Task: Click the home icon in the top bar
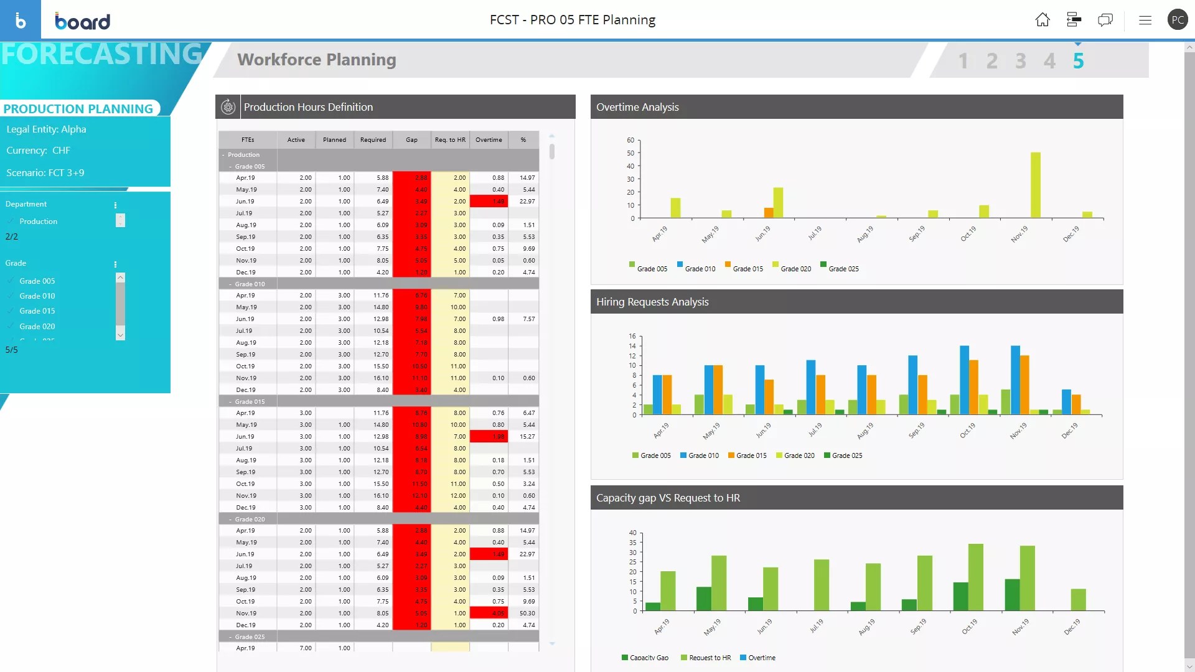(1043, 20)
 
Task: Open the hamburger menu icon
(1145, 20)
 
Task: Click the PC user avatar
(1178, 20)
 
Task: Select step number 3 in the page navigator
(1021, 61)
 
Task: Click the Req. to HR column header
(450, 140)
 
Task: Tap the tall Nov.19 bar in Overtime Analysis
(1036, 185)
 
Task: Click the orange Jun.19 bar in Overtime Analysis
(769, 213)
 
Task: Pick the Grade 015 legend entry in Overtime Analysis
(747, 269)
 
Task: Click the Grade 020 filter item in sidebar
(37, 326)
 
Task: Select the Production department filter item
(38, 222)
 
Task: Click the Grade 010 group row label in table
(250, 284)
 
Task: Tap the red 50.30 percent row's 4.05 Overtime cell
(489, 614)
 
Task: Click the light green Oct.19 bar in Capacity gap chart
(976, 577)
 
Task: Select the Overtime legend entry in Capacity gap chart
(761, 658)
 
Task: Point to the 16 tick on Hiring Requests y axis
(632, 337)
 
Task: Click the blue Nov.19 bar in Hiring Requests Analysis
(1015, 380)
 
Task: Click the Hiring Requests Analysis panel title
(652, 302)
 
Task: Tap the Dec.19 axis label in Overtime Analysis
(1071, 234)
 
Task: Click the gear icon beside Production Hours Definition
(228, 107)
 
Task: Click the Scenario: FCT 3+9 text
(45, 173)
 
